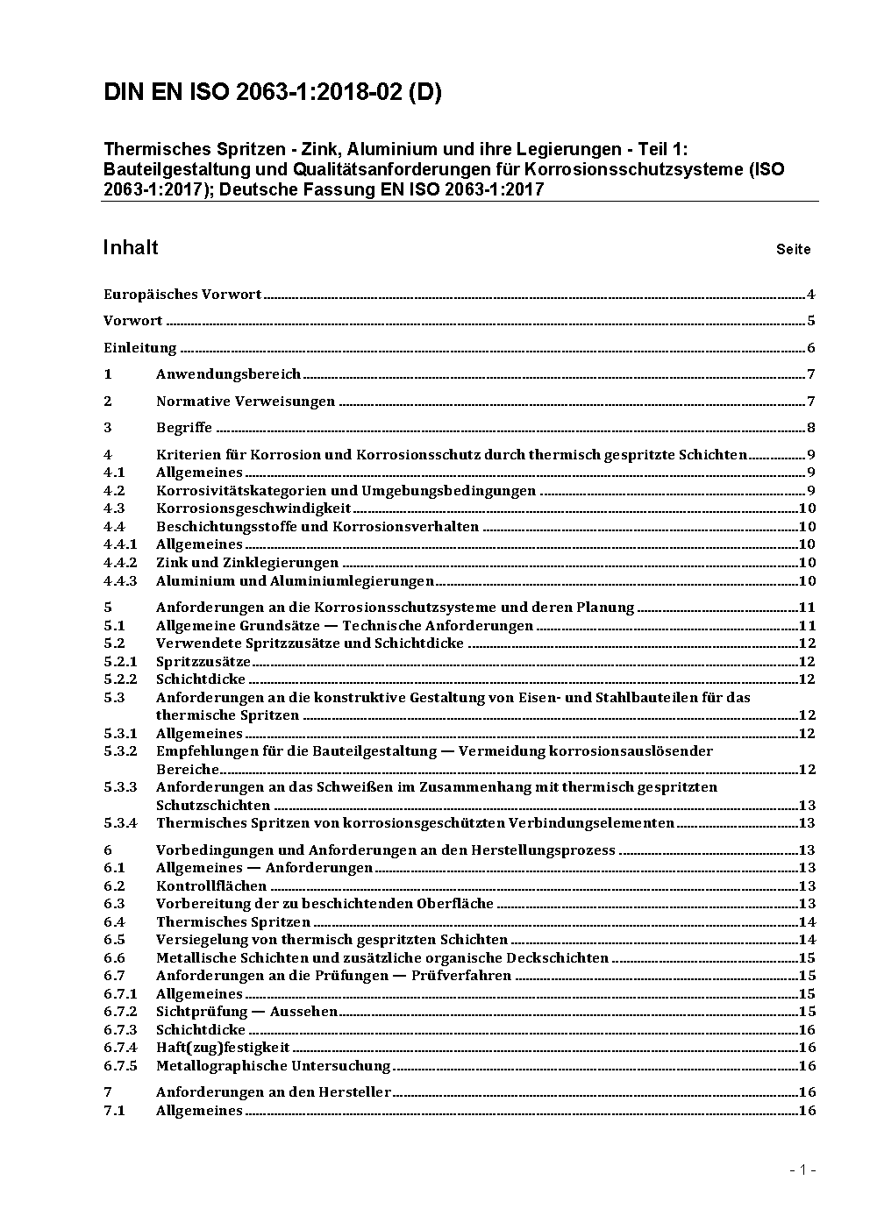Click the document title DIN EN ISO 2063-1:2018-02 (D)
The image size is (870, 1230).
pyautogui.click(x=272, y=92)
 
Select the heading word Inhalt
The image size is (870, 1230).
pyautogui.click(x=131, y=247)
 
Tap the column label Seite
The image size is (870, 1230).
pyautogui.click(x=793, y=250)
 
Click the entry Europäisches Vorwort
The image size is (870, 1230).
pyautogui.click(x=182, y=295)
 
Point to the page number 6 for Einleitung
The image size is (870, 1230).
pyautogui.click(x=811, y=348)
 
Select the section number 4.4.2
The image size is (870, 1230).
pyautogui.click(x=120, y=563)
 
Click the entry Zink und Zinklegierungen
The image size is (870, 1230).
pyautogui.click(x=247, y=563)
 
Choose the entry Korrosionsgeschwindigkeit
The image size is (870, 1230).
pyautogui.click(x=253, y=508)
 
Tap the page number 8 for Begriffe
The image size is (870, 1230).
pyautogui.click(x=811, y=429)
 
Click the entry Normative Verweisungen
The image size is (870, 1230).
pyautogui.click(x=246, y=402)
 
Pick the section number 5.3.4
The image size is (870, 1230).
pyautogui.click(x=120, y=823)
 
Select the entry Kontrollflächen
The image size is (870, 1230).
pyautogui.click(x=211, y=886)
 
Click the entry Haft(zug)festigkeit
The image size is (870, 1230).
pyautogui.click(x=223, y=1048)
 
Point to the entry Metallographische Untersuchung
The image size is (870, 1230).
pyautogui.click(x=273, y=1066)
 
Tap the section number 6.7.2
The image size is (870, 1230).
pyautogui.click(x=120, y=1012)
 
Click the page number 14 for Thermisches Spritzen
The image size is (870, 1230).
pyautogui.click(x=807, y=922)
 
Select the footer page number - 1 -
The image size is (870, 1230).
pyautogui.click(x=802, y=1170)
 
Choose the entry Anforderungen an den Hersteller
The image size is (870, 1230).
pyautogui.click(x=274, y=1092)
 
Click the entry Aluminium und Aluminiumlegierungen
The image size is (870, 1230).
pyautogui.click(x=295, y=581)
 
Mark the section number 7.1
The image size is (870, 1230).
pyautogui.click(x=114, y=1111)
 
